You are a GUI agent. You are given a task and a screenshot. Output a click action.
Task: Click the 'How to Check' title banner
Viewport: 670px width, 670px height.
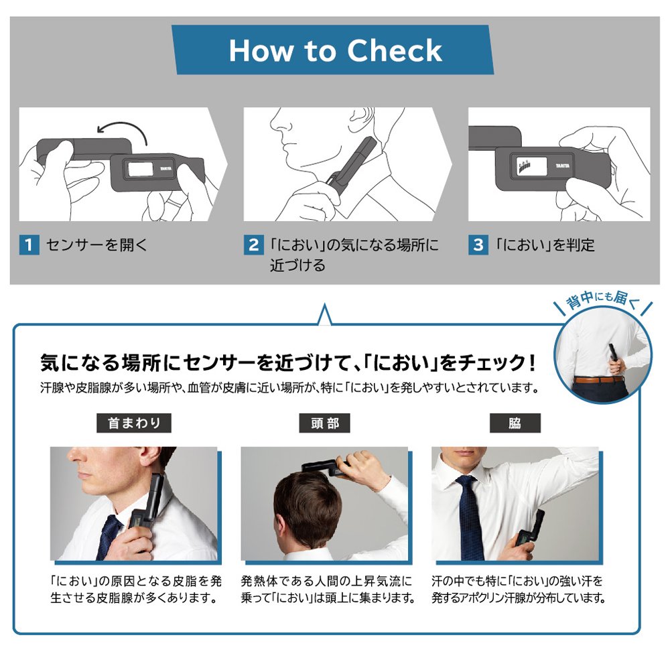332,50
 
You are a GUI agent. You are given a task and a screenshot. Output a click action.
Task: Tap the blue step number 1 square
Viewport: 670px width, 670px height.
29,245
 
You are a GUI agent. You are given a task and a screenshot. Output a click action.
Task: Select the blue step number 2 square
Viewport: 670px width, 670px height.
254,245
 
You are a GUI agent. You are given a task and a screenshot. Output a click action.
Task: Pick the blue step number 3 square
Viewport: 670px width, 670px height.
478,245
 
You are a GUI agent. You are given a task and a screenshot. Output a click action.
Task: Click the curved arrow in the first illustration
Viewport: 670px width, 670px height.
124,127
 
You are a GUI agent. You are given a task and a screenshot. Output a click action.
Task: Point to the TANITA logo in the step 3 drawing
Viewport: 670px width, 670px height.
562,165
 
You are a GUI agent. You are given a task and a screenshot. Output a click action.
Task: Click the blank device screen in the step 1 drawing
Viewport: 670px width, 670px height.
137,169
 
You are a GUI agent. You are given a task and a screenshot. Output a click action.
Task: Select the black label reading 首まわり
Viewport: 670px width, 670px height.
134,423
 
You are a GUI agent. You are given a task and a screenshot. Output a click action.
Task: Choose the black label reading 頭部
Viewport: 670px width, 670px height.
324,423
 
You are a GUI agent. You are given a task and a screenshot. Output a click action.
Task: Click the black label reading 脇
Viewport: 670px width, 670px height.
515,423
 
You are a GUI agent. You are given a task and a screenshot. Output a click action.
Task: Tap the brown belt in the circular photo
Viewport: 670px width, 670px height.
598,379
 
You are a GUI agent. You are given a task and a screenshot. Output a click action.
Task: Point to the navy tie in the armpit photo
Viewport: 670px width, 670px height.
470,517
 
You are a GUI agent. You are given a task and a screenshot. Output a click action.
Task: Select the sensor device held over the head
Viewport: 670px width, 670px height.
324,466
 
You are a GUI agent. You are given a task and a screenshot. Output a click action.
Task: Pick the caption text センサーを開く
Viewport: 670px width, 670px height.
97,245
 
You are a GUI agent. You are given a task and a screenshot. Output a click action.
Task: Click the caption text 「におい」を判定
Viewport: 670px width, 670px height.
545,245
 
